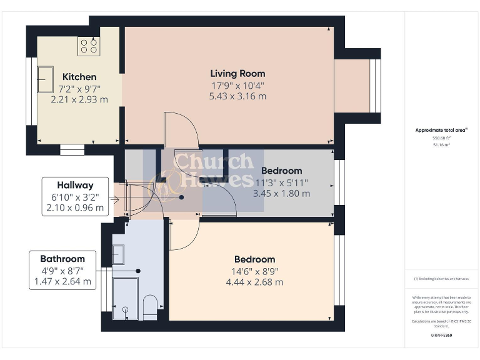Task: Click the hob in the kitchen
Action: coord(88,46)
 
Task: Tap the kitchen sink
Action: coord(45,79)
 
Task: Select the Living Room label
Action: coord(237,73)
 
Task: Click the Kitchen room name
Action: coord(79,77)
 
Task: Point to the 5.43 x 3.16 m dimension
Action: coord(237,96)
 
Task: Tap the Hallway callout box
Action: coord(76,196)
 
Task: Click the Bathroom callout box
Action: coord(62,270)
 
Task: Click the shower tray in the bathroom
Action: coord(125,299)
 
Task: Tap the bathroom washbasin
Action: coord(118,254)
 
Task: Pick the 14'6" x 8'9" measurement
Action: coord(255,271)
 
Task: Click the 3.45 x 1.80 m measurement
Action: coord(281,193)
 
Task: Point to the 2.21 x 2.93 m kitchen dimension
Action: coord(79,99)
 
